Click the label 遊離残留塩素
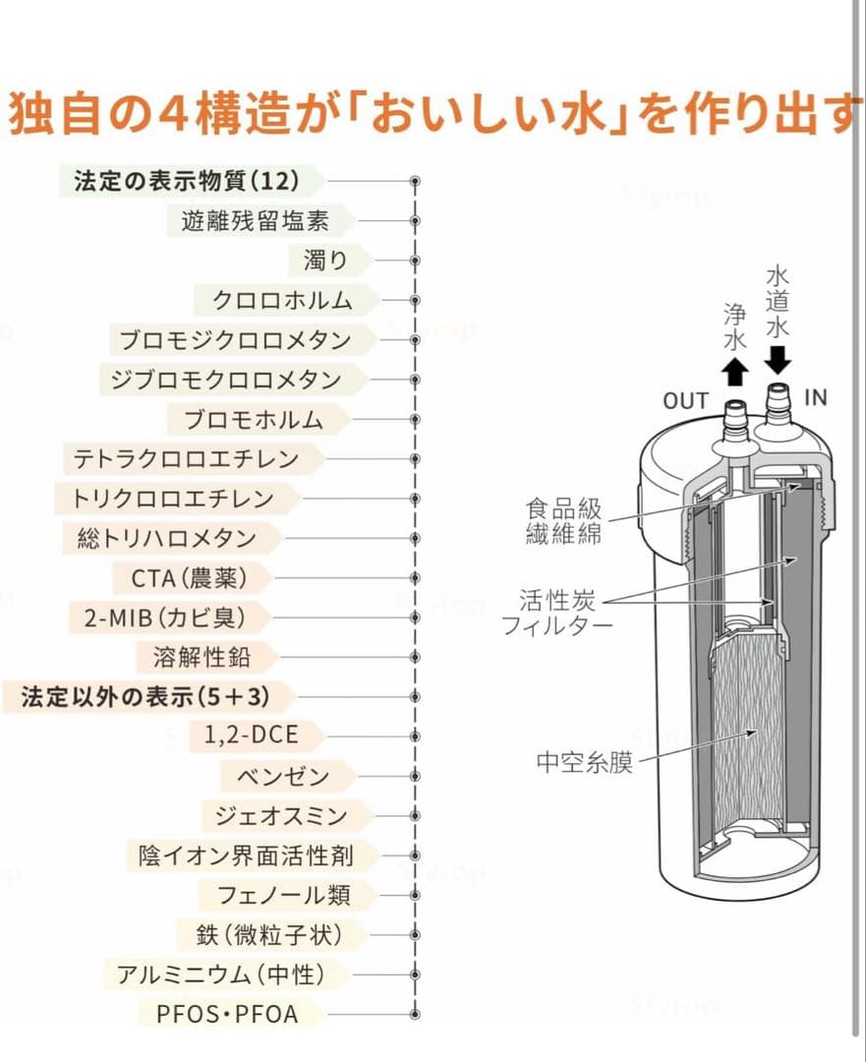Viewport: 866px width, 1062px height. click(x=256, y=220)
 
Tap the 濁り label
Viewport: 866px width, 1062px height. click(x=324, y=261)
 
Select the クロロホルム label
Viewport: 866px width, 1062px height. click(x=282, y=300)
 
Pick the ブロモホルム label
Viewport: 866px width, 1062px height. click(x=255, y=420)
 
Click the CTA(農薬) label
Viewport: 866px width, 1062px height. click(x=188, y=577)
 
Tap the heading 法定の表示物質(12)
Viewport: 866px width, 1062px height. click(x=186, y=181)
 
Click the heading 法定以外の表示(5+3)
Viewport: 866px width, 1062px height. click(x=144, y=697)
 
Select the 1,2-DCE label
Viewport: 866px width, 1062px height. click(x=251, y=736)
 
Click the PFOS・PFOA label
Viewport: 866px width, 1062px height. click(x=227, y=1013)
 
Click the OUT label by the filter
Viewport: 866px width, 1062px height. click(x=685, y=400)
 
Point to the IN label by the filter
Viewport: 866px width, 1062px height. click(x=816, y=397)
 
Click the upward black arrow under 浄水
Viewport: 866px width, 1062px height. click(x=733, y=372)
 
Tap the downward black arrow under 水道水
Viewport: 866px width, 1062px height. click(x=778, y=359)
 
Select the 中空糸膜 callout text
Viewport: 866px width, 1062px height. click(x=585, y=762)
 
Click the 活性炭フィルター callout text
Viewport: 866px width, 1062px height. click(x=558, y=612)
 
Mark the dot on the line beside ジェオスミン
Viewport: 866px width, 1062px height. click(x=415, y=816)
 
